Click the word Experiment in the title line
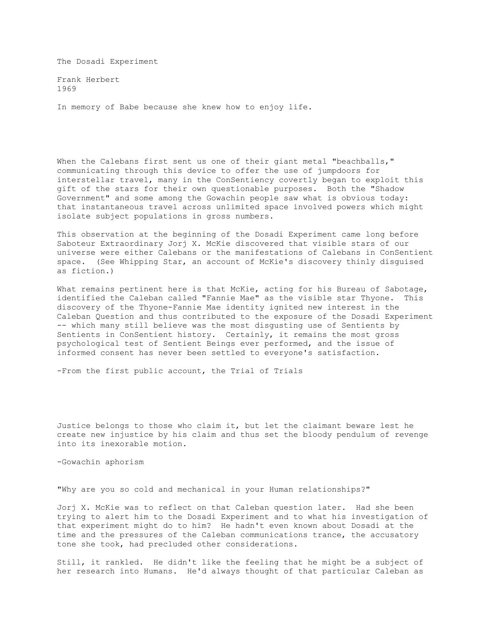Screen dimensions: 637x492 click(x=134, y=61)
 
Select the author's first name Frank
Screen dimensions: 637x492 click(x=69, y=79)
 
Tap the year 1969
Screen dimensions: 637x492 click(x=67, y=89)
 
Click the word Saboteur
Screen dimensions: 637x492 click(x=76, y=243)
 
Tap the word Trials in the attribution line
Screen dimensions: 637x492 click(x=288, y=371)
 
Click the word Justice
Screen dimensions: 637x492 click(x=74, y=426)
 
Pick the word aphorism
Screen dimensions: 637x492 click(x=124, y=462)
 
